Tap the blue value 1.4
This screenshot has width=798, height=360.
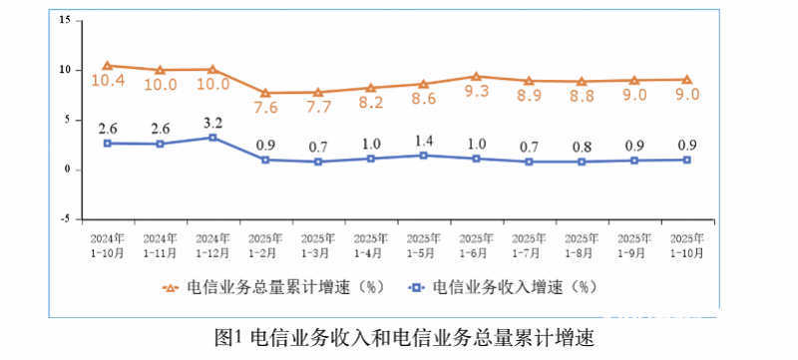pos(423,140)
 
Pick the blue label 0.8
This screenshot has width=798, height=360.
pos(582,148)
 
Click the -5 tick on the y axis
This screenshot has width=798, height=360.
pos(63,218)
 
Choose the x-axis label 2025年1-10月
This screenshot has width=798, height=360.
pos(686,246)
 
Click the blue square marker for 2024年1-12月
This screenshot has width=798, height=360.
pos(211,137)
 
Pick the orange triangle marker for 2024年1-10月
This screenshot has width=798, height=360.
pos(107,66)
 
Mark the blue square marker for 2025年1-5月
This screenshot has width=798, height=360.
pos(423,156)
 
